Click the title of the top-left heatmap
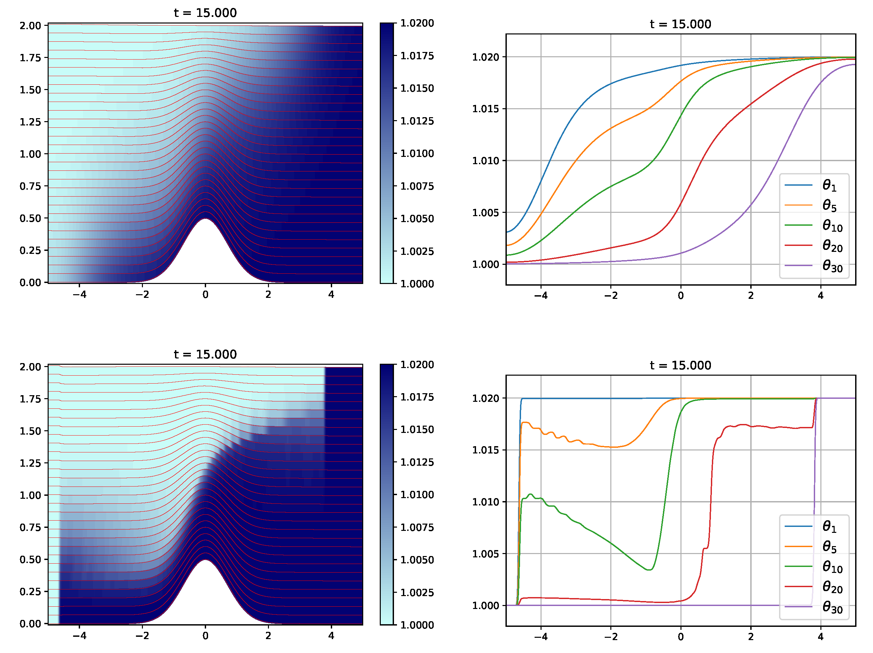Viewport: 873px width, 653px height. click(x=205, y=13)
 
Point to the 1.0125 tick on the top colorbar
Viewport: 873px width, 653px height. click(x=417, y=121)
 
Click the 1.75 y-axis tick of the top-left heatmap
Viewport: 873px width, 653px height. click(x=30, y=58)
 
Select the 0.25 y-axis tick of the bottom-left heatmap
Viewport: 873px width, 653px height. click(x=30, y=591)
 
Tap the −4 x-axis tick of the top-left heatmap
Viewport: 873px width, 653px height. click(x=79, y=295)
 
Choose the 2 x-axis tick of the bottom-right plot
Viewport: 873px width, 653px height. click(x=751, y=636)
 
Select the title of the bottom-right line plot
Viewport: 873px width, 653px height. click(x=680, y=365)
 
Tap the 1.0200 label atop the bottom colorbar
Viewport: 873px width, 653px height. click(x=417, y=364)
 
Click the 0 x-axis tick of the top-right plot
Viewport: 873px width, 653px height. click(x=680, y=295)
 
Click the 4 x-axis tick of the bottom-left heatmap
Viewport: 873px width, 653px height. click(x=331, y=636)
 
